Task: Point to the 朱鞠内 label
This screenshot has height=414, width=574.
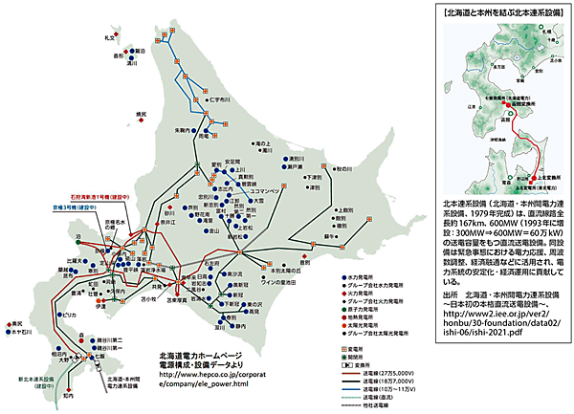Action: pos(183,129)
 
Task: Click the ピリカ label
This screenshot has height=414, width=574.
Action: pos(69,315)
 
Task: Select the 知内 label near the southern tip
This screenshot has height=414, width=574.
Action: pos(66,393)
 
